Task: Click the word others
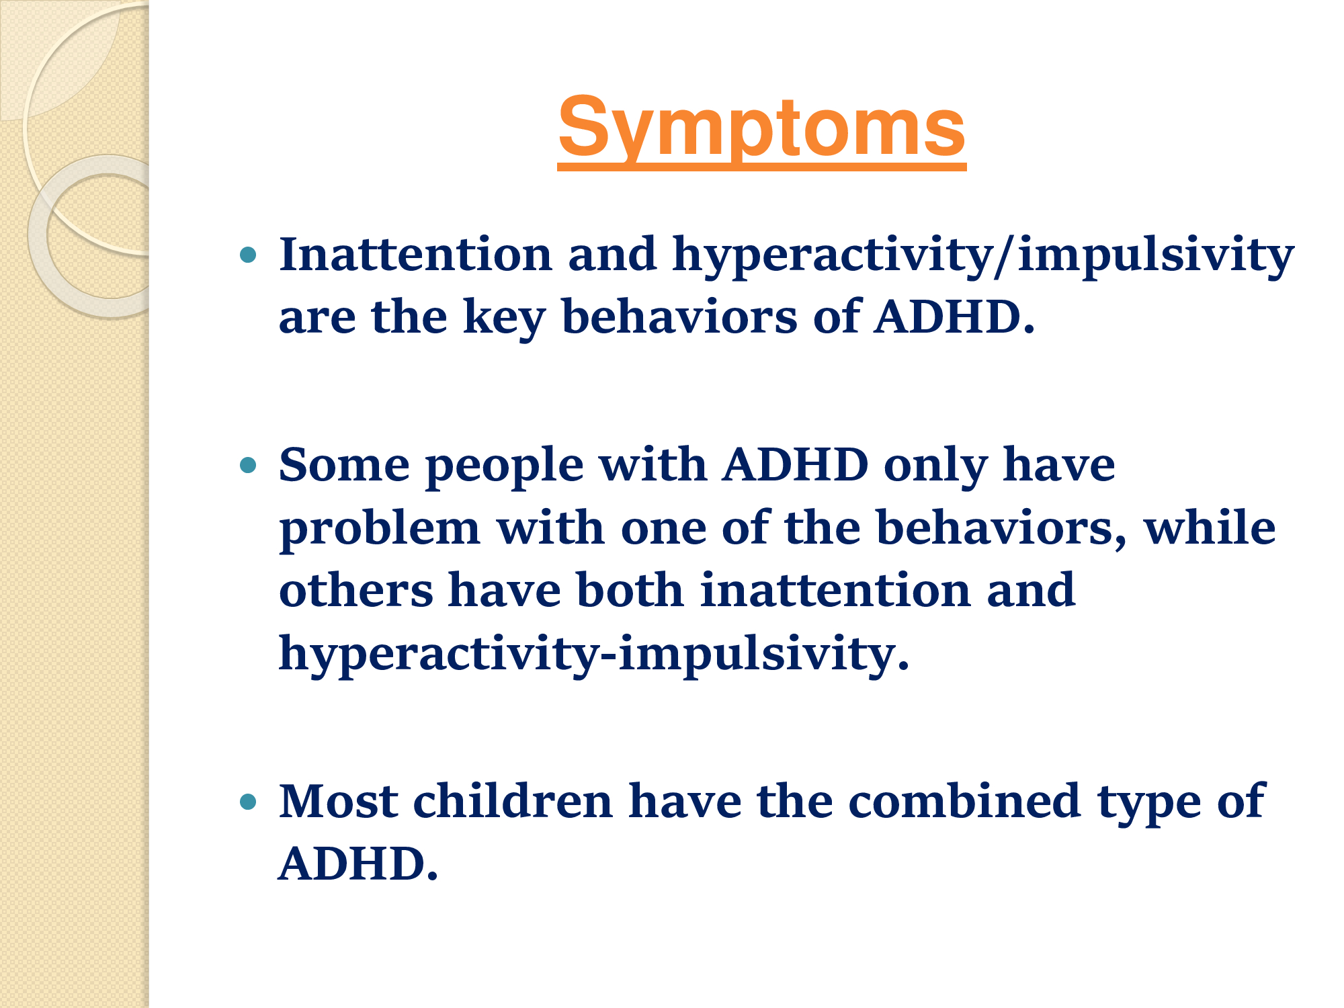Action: point(356,590)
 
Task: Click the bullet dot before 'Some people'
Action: point(248,464)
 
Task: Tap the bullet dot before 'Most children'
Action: point(248,801)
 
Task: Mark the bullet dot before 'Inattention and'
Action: point(248,255)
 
